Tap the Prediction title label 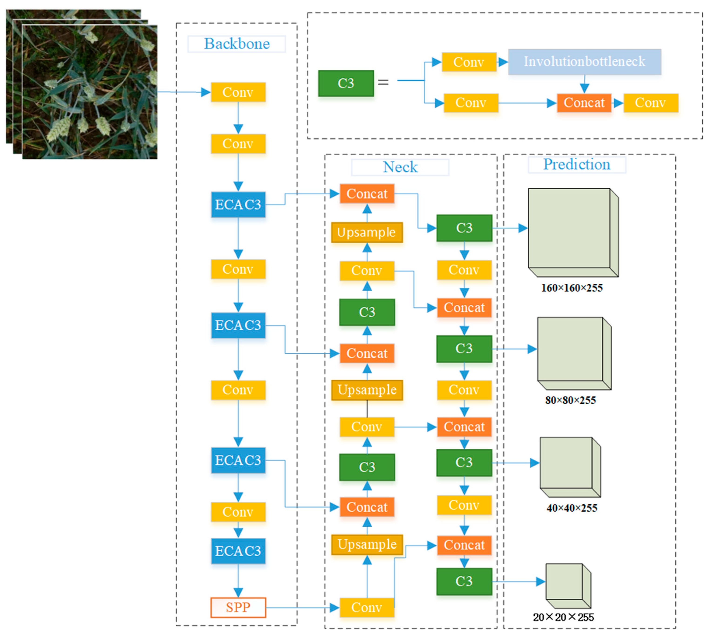pos(576,164)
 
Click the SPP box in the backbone pos(238,607)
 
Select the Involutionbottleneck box pos(584,62)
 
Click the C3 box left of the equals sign pos(346,83)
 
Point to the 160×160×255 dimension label pos(572,288)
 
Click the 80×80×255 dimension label pos(570,400)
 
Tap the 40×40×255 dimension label pos(572,508)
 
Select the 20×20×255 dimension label pos(563,617)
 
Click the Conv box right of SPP pos(367,607)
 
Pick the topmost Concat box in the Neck pos(367,194)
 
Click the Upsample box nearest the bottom pos(367,544)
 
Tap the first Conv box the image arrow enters pos(238,92)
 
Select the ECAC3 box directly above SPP pos(238,551)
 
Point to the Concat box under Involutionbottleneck pos(584,103)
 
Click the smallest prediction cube pos(567,585)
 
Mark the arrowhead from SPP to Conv pos(334,607)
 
